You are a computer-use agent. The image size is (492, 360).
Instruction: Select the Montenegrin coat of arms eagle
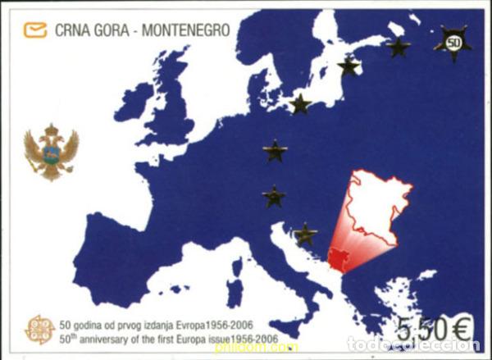pos(51,153)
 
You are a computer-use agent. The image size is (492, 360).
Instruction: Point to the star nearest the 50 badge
pos(398,47)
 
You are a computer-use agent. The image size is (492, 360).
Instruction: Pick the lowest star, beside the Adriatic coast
pos(305,235)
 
